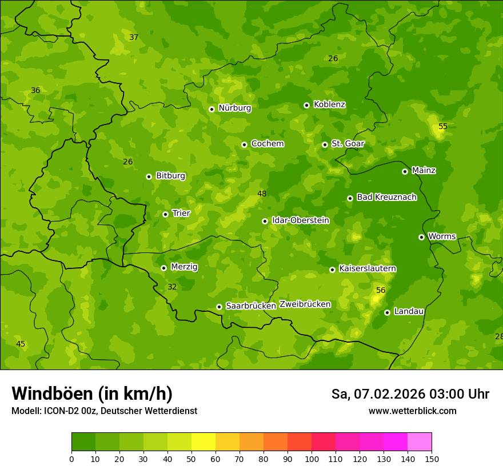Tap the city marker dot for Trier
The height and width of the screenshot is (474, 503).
[166, 214]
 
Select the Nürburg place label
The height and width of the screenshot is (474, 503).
[234, 108]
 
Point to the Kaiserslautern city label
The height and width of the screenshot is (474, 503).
[368, 268]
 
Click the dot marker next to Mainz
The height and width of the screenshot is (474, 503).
[405, 171]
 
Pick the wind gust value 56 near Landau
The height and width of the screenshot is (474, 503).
[381, 290]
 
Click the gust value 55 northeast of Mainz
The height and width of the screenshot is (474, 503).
[443, 126]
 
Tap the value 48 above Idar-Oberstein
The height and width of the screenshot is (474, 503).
[262, 194]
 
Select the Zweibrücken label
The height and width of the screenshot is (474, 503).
[305, 304]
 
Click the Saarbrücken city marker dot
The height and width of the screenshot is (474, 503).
[219, 307]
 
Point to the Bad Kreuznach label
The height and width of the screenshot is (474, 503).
[386, 197]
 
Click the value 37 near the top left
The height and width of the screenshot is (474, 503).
[134, 37]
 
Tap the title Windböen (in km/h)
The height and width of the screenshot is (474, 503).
[92, 393]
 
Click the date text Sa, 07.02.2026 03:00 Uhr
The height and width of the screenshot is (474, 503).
[410, 394]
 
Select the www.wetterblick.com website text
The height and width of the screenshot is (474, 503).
[412, 411]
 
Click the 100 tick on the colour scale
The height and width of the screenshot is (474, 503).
[312, 459]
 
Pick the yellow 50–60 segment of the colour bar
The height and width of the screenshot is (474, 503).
[203, 442]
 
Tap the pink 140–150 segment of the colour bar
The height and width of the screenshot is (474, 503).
[420, 442]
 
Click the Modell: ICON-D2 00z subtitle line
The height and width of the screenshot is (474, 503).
[104, 411]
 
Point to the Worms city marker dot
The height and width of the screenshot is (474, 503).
[421, 237]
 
